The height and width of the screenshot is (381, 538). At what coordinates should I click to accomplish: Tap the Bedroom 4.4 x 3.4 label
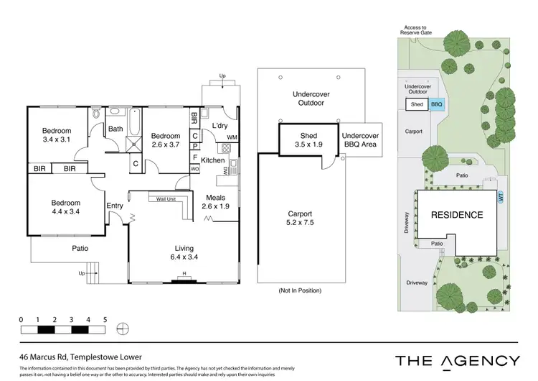click(x=65, y=208)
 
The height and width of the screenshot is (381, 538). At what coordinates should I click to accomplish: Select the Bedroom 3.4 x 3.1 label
click(x=57, y=134)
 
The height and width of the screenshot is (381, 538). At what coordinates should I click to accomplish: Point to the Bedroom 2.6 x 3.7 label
click(x=166, y=140)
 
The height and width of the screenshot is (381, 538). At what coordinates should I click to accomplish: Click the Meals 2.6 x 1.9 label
click(x=215, y=202)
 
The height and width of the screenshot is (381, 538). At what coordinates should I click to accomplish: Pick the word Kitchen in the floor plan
click(x=213, y=160)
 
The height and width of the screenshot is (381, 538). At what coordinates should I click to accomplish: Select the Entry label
click(x=115, y=206)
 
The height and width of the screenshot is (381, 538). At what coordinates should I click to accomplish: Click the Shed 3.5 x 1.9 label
click(x=308, y=139)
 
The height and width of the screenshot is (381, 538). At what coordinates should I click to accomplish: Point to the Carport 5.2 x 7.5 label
click(x=299, y=218)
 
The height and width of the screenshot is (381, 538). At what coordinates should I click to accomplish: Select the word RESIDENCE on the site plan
click(x=456, y=214)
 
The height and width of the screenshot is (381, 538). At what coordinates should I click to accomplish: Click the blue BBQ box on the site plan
click(x=437, y=104)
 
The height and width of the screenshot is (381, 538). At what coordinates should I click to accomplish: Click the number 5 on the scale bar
click(x=105, y=319)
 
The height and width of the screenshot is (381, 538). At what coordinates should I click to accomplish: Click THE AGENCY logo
click(x=458, y=361)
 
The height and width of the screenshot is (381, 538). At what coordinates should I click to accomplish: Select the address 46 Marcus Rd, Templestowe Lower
click(x=81, y=356)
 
